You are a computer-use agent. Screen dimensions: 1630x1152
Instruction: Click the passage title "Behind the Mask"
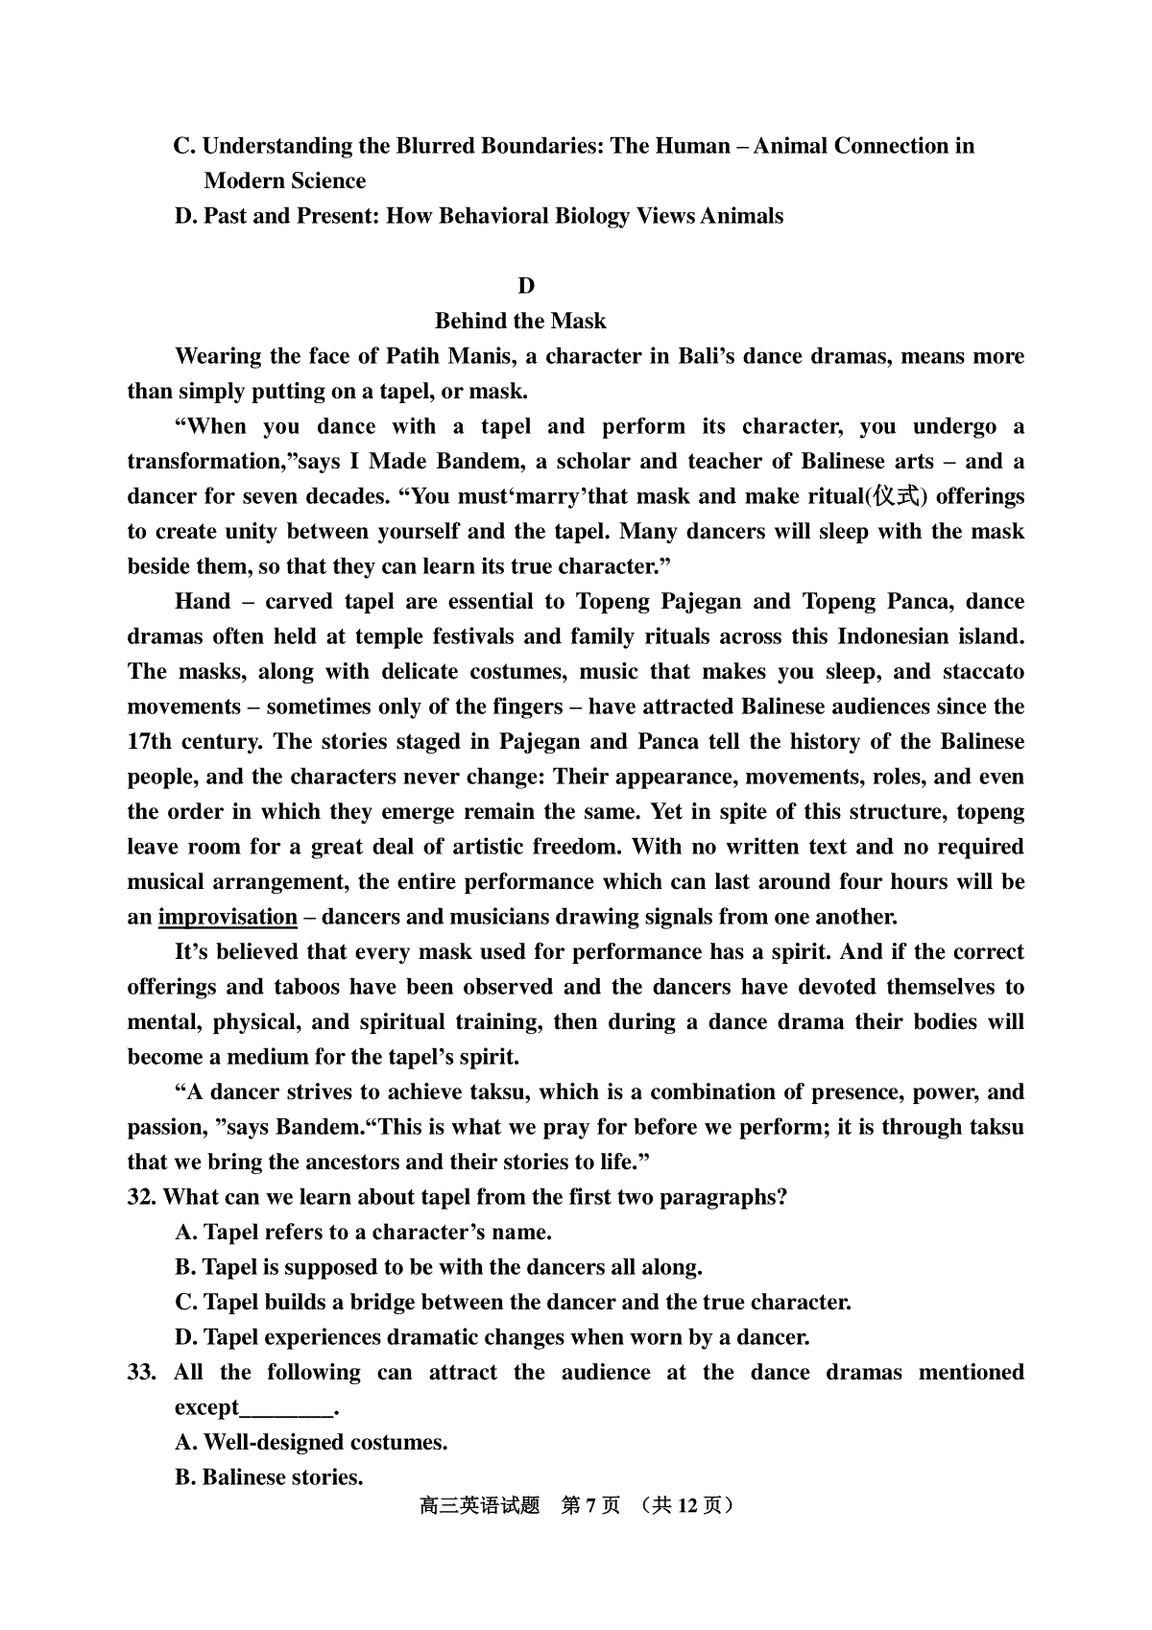tap(520, 321)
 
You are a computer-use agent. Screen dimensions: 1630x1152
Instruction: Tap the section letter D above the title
tap(525, 286)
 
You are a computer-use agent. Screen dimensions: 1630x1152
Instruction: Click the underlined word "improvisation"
tap(228, 917)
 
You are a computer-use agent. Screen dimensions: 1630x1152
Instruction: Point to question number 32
tap(142, 1197)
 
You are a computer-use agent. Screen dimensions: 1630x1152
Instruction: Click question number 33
tap(141, 1373)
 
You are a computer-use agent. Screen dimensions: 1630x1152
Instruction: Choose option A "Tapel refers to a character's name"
tap(363, 1233)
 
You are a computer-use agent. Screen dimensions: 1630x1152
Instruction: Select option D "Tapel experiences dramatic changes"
tap(492, 1337)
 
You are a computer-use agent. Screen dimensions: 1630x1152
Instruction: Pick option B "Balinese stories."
tap(269, 1477)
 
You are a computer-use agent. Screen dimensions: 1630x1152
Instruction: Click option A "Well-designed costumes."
tap(311, 1443)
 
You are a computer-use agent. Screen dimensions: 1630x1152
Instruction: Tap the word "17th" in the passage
tap(152, 742)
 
